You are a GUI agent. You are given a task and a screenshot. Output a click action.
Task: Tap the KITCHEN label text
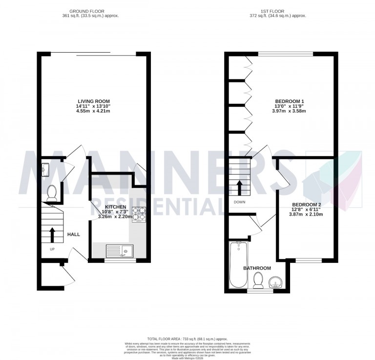115,207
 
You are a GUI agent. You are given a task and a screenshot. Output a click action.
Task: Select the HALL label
74,235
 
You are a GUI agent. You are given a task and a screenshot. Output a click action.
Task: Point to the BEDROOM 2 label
306,204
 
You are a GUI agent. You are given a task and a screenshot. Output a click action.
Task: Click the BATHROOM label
257,268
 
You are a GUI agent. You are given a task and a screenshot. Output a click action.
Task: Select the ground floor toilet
51,194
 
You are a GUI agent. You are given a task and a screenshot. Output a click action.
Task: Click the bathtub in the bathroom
239,264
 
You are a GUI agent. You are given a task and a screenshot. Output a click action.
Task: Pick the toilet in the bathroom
258,280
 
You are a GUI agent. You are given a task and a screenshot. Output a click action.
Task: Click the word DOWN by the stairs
239,202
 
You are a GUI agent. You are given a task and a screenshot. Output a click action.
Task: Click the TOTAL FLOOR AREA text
187,339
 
